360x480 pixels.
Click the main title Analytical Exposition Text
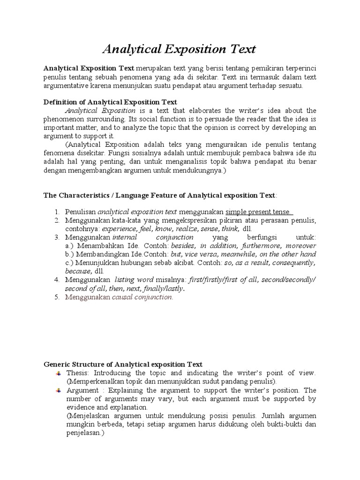[179, 49]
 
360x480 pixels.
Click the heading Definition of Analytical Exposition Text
[110, 102]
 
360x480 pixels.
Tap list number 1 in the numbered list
[57, 212]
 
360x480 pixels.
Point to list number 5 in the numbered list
[57, 297]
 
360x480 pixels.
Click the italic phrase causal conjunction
[142, 297]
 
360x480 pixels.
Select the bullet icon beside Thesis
[58, 373]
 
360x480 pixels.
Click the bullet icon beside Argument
[58, 390]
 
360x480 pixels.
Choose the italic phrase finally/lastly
[164, 288]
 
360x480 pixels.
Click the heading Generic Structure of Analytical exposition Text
[123, 364]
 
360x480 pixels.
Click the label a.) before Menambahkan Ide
[71, 246]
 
